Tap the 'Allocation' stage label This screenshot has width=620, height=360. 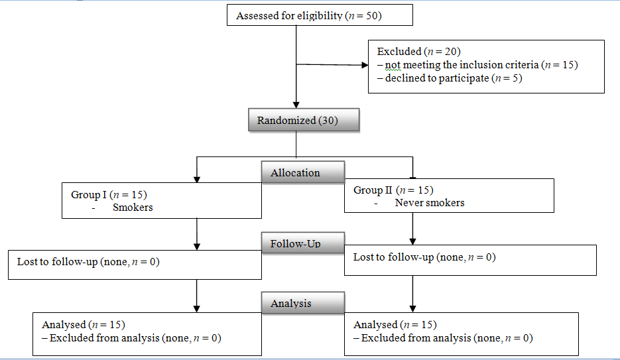[295, 172]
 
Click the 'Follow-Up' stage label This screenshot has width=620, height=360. [295, 244]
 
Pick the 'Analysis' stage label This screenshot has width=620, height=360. [291, 303]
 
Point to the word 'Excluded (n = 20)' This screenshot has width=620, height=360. [418, 51]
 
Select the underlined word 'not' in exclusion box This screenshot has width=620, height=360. [393, 64]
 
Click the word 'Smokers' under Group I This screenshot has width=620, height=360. [133, 207]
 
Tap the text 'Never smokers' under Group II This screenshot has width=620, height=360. [429, 202]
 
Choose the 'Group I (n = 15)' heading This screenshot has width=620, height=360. [109, 194]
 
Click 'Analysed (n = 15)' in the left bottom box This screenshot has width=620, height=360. [84, 325]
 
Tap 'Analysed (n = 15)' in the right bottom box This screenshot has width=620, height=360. [395, 325]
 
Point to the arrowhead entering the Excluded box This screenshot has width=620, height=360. [364, 66]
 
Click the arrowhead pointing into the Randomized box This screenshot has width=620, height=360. [296, 105]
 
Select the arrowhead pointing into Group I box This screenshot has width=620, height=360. [197, 178]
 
